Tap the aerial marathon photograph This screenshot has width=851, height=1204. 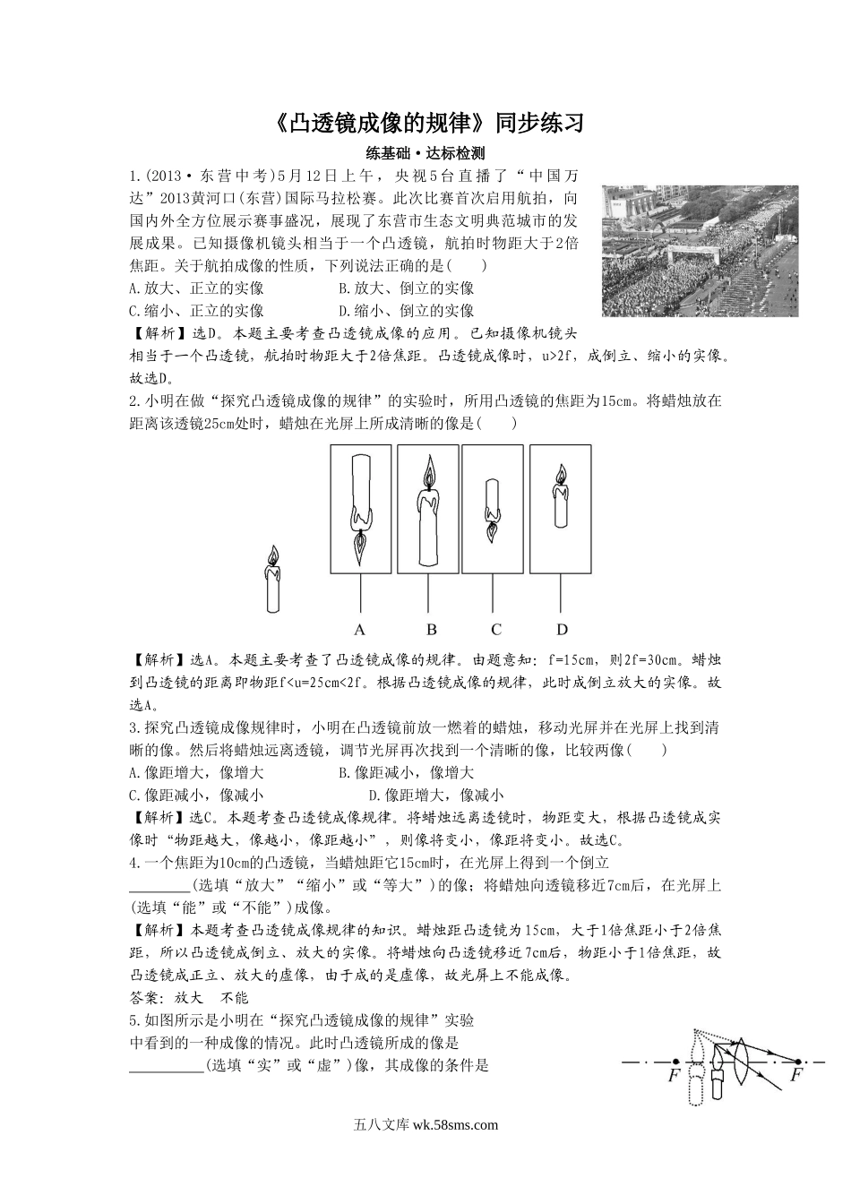click(688, 250)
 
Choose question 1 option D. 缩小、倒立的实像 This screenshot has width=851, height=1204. click(407, 311)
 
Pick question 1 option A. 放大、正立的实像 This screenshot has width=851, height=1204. click(196, 288)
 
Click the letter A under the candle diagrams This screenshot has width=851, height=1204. click(360, 628)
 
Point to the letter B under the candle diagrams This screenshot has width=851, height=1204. click(431, 628)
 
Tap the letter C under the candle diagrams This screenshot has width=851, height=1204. click(496, 628)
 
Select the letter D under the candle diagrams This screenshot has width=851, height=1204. click(562, 628)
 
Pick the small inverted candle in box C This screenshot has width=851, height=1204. click(493, 509)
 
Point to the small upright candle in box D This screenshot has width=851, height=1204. click(562, 496)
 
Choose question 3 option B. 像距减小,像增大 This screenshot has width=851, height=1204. click(407, 772)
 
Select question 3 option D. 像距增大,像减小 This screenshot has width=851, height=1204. click(436, 795)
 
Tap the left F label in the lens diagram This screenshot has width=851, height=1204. click(675, 1076)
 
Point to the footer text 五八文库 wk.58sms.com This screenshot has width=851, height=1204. click(425, 1126)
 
